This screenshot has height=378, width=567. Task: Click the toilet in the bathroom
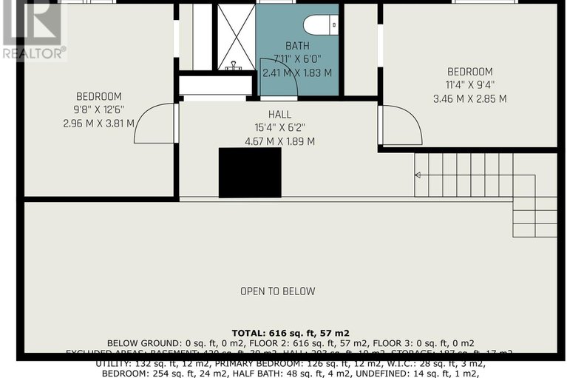coord(322,24)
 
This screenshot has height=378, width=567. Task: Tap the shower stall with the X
coord(235,37)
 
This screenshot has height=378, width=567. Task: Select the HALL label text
coord(279,114)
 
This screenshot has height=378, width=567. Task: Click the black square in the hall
coord(250,172)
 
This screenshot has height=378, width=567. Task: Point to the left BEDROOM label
coord(98,96)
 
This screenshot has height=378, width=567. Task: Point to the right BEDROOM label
coord(469,72)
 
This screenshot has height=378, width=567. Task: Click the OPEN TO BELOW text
coord(277,291)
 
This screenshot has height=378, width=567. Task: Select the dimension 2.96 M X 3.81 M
coord(98,123)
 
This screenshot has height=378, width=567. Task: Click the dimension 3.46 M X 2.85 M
coord(469,98)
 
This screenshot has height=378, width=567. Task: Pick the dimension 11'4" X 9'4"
coord(469,85)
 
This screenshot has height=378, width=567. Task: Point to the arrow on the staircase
coord(418,175)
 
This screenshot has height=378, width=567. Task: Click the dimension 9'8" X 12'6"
coord(98,109)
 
